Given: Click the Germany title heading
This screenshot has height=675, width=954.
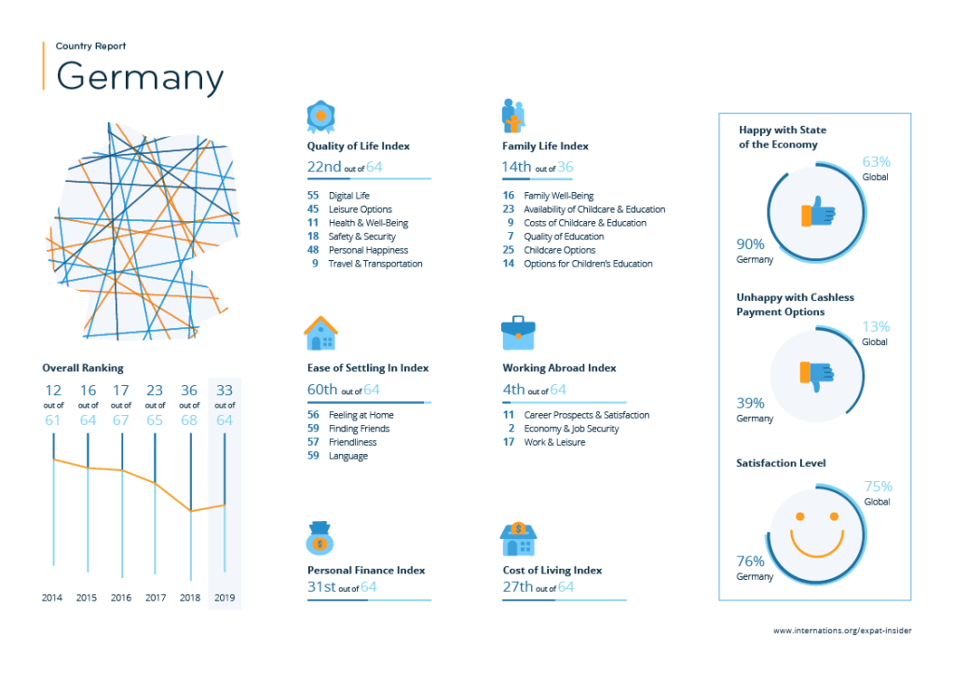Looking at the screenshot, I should (140, 77).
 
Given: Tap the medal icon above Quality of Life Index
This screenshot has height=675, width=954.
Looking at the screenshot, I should (320, 117).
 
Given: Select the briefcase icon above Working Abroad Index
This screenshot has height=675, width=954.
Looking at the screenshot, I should (518, 333).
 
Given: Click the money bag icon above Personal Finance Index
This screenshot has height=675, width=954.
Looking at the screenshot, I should (320, 539).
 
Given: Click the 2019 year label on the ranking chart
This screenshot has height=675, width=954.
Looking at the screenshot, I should (225, 598).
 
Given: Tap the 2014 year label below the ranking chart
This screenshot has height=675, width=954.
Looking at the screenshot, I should (52, 598).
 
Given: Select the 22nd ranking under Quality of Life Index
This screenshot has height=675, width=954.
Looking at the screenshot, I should (324, 167).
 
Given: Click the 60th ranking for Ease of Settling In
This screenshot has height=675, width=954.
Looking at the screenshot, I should (322, 390).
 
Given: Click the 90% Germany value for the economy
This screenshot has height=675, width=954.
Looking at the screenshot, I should (751, 244).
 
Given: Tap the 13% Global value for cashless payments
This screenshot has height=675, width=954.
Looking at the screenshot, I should (876, 327).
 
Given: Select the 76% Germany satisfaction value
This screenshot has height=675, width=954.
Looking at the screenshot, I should (751, 561).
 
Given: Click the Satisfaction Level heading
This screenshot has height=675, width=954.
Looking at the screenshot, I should (781, 463).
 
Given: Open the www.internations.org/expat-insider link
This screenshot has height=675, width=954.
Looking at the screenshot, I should (842, 631).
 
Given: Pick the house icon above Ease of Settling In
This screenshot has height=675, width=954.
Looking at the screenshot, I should (320, 333).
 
